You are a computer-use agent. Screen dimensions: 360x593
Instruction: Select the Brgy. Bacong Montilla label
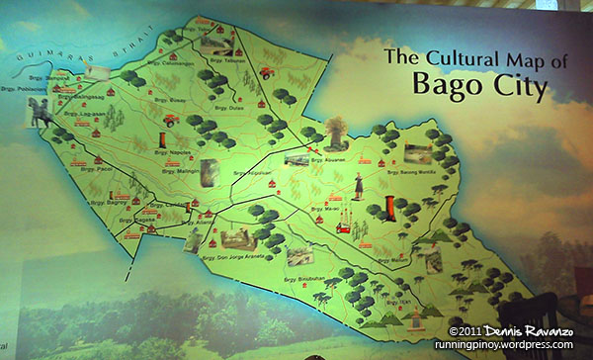399,170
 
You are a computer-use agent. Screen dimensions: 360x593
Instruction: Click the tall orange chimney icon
390,210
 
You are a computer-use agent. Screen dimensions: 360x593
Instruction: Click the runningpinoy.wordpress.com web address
503,345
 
